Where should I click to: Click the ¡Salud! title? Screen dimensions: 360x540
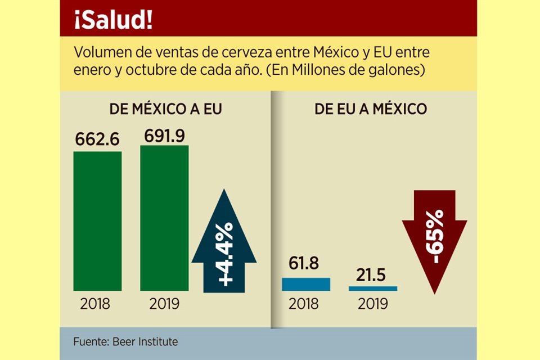pos(112,20)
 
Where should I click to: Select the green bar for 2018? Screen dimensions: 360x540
pos(97,221)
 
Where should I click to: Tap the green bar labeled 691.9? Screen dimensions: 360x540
pos(164,218)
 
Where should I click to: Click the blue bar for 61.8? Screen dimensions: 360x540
pos(306,284)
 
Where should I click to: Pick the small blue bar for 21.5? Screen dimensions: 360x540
pos(372,288)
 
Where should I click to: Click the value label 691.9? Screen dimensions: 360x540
pos(164,136)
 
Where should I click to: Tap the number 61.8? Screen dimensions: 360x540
pos(306,263)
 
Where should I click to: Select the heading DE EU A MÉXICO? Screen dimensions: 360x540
pos(371,109)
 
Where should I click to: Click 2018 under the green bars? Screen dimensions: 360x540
pos(96,304)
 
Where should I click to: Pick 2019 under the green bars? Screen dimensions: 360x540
pos(164,304)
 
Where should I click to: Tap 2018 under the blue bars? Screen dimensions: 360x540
pos(304,304)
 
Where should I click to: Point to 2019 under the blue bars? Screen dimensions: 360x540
pos(372,304)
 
